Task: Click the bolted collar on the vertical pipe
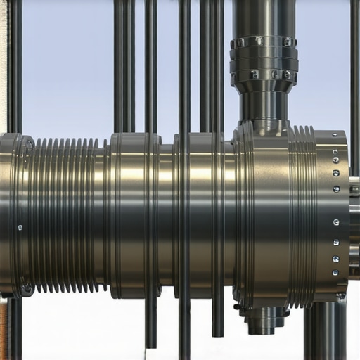pos(264,58)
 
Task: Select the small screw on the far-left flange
pos(19,227)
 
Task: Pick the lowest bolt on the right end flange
pos(335,272)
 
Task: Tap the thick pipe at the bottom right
pos(325,330)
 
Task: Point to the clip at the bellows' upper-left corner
pos(29,143)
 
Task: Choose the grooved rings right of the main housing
pos(302,214)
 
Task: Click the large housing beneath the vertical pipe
pos(264,211)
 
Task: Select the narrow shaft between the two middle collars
pos(167,214)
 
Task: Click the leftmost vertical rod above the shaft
pos(14,63)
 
